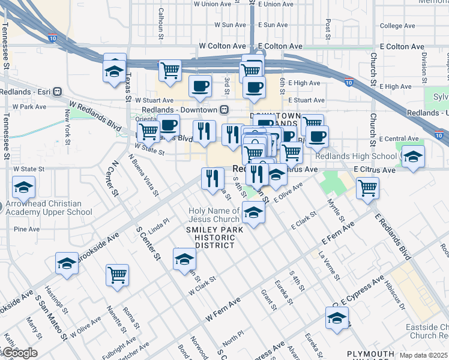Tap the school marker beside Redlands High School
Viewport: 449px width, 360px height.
tap(412, 157)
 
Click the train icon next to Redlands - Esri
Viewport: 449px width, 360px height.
tap(58, 92)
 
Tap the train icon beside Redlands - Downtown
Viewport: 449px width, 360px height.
tap(224, 110)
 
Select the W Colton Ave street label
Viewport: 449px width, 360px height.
tap(223, 46)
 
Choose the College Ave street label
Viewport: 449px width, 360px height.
tap(398, 26)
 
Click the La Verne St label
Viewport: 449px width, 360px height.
tap(329, 266)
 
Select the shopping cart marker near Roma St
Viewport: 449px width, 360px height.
tap(118, 275)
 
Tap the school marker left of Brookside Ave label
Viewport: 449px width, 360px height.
tap(67, 263)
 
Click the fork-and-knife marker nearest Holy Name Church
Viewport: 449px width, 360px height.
tap(212, 178)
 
